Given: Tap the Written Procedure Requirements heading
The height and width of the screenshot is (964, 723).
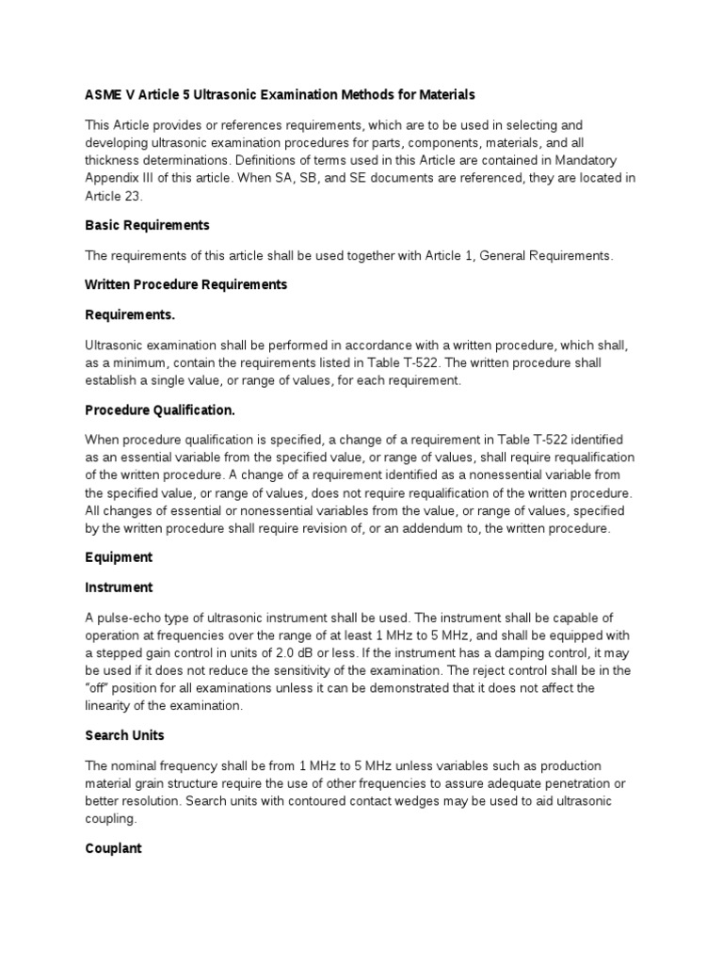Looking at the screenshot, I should (x=186, y=284).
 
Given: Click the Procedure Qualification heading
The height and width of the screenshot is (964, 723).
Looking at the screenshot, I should (x=160, y=410).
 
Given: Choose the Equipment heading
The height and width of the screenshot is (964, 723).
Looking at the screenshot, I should (x=119, y=557).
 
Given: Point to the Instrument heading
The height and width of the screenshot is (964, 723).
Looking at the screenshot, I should (x=119, y=587).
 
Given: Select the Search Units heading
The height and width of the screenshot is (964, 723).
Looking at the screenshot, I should (x=125, y=734).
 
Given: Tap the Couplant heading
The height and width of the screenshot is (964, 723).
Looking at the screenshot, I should (x=113, y=848).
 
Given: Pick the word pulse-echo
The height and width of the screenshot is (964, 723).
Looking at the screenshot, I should (x=126, y=617).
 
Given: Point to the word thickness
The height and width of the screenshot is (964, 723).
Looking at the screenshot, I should (x=115, y=160).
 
